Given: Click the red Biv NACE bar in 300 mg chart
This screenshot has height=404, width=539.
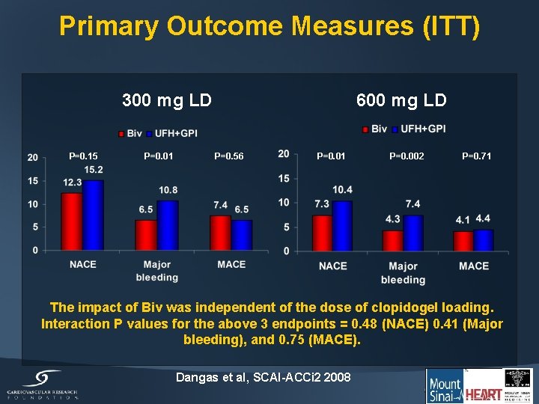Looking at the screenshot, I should tap(72, 221).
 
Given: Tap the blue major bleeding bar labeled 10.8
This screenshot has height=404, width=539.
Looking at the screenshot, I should tap(168, 225).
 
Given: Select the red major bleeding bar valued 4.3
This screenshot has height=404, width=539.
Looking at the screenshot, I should tap(392, 240).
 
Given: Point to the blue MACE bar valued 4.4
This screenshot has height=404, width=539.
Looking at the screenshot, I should tap(484, 240).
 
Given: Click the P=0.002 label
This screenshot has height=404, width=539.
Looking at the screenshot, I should tap(406, 156).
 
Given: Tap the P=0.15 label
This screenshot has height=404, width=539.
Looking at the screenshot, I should tap(83, 156).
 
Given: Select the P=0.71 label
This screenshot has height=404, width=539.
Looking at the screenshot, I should tap(477, 156).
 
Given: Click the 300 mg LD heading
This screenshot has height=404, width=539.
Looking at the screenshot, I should tap(167, 100).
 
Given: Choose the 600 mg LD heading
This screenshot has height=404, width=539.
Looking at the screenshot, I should tap(401, 100).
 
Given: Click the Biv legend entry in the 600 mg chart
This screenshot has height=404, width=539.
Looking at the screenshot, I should tap(375, 129).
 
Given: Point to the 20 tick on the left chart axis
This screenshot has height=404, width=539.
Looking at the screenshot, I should tap(32, 157).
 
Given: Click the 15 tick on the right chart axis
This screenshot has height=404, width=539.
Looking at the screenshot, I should tap(284, 178).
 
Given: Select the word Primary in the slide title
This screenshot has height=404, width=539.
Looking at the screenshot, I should tap(109, 26).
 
